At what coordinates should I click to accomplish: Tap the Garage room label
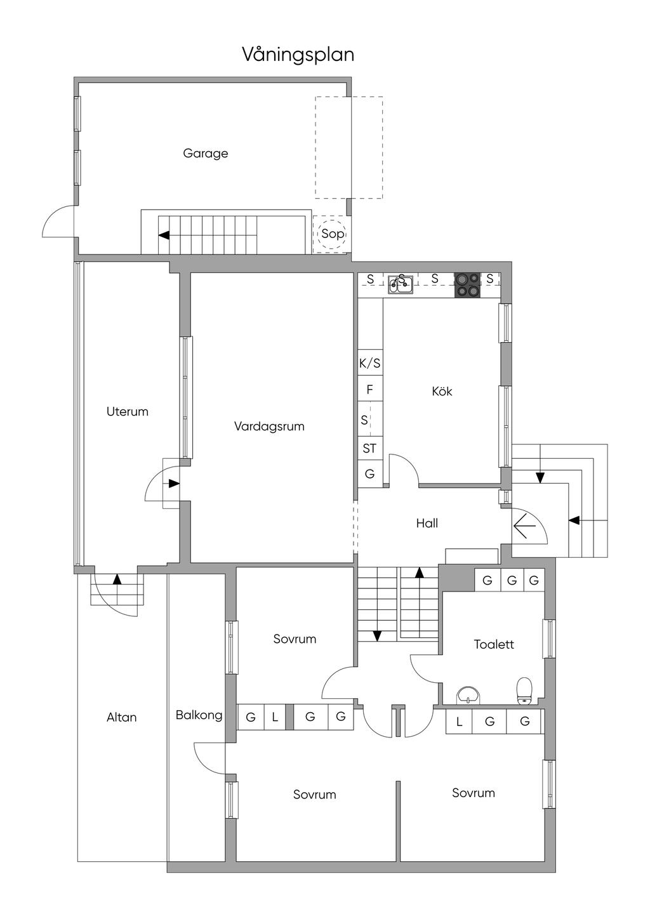pos(205,154)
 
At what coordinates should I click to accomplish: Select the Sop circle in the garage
pos(333,234)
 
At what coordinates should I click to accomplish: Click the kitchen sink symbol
pos(401,283)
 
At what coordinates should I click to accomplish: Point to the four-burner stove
pos(467,285)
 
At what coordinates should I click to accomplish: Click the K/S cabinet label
pos(370,364)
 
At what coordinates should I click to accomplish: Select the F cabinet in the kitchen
pos(370,389)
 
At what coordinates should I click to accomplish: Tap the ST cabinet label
pos(369,449)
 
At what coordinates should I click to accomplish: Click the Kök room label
pos(442,392)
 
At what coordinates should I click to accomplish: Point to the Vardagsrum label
pos(269,426)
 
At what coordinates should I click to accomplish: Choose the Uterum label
pos(128,412)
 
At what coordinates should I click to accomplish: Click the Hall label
pos(427,524)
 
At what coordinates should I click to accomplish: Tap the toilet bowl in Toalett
pos(524,690)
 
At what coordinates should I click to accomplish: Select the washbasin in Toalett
pos(468,694)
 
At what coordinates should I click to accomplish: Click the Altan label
pos(122,718)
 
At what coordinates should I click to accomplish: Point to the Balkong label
pos(199,715)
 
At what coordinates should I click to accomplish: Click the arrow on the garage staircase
pos(164,235)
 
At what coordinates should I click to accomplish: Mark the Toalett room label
pos(494,645)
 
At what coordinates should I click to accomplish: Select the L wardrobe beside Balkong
pos(275,718)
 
